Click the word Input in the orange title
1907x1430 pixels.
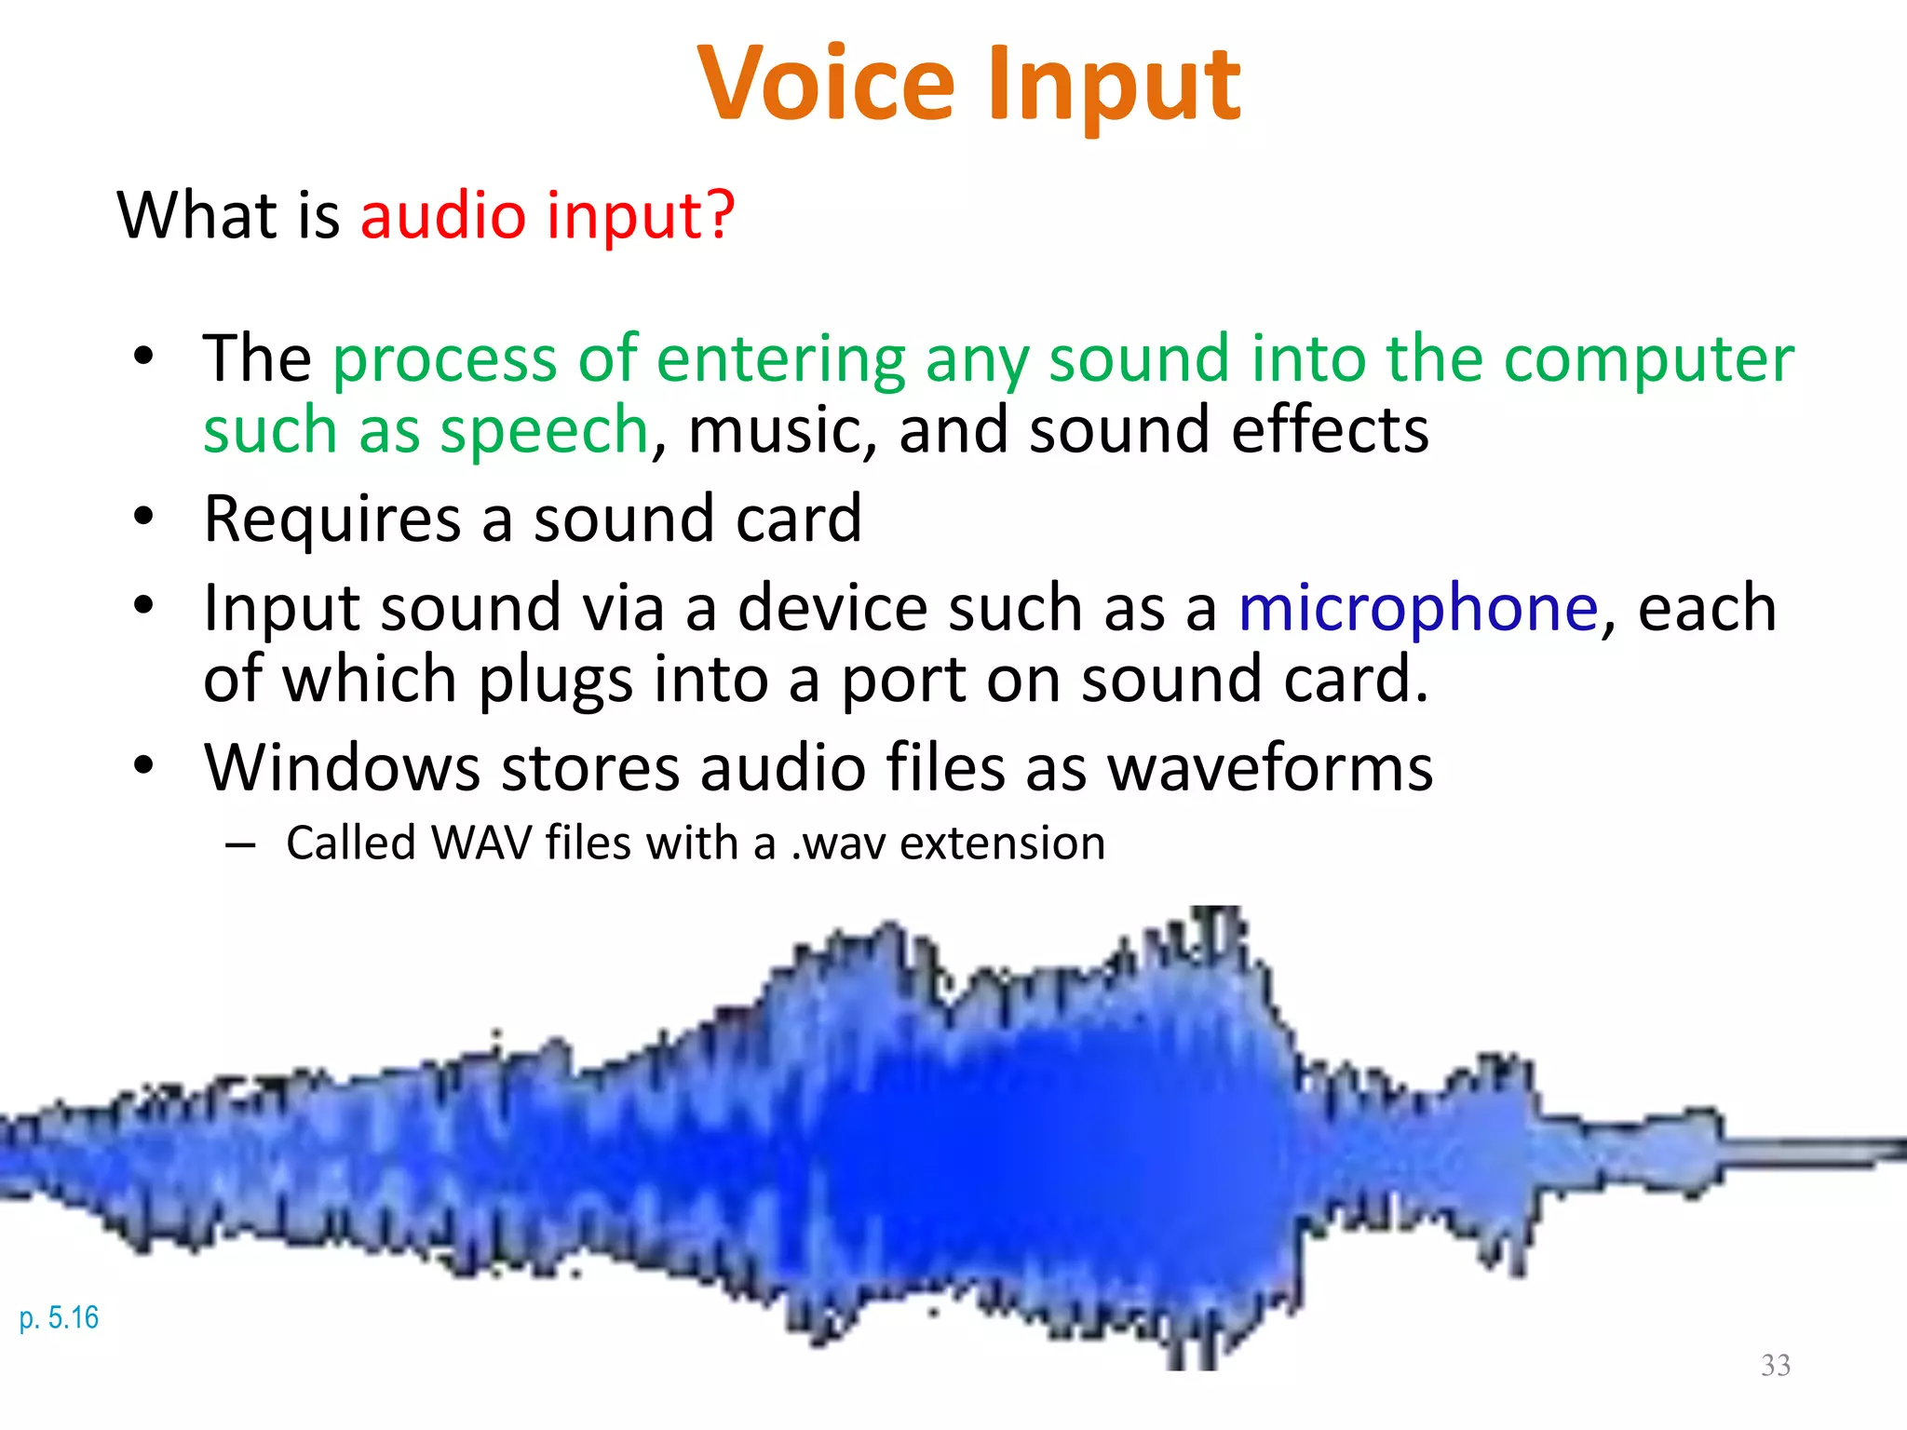point(1114,86)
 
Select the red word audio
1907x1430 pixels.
point(443,214)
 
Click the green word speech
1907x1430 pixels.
point(543,431)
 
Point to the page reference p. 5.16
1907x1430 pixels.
point(59,1317)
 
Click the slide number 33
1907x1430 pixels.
point(1775,1365)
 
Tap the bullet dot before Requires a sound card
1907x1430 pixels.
point(142,516)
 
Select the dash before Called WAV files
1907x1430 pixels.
point(240,845)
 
